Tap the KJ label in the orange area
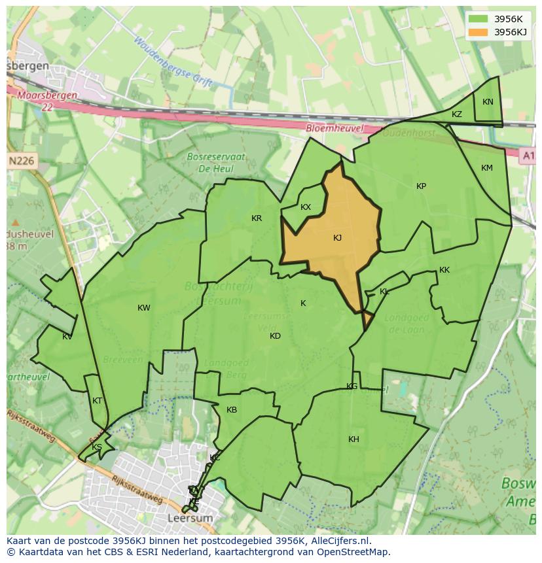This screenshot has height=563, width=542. click(x=337, y=238)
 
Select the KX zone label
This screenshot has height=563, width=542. click(x=306, y=207)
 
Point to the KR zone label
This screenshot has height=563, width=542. click(x=257, y=218)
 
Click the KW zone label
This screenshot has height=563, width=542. click(x=143, y=308)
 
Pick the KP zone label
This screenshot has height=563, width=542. click(x=421, y=186)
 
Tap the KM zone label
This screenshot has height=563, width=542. click(x=486, y=168)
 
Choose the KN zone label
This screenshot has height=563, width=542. click(x=488, y=102)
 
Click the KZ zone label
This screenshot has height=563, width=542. click(x=457, y=114)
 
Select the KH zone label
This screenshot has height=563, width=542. click(x=353, y=439)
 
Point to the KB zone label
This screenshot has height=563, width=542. click(x=232, y=410)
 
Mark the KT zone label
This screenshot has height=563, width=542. click(x=98, y=401)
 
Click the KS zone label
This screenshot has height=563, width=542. click(x=97, y=447)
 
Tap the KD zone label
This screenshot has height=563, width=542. click(x=275, y=336)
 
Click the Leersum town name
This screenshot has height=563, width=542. click(x=190, y=518)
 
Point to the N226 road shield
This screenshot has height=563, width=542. click(x=22, y=160)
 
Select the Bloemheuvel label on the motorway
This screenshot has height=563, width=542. click(x=334, y=129)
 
